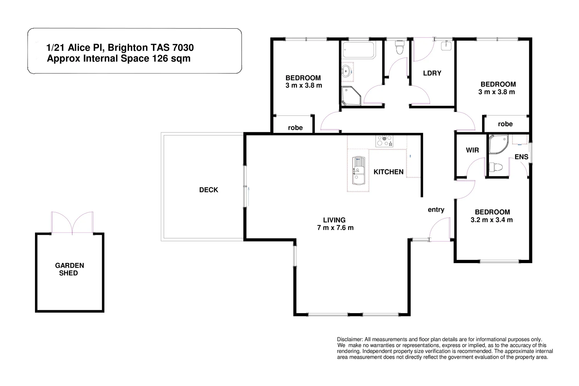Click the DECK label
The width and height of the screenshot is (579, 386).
208,190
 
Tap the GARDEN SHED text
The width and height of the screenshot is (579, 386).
69,269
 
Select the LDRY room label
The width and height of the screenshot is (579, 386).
432,73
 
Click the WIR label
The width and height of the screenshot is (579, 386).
472,150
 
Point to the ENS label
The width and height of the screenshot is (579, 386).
521,157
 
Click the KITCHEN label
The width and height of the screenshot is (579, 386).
388,172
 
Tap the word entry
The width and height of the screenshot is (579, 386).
436,210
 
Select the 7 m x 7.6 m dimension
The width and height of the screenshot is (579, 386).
335,228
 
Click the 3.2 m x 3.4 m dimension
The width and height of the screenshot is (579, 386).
491,220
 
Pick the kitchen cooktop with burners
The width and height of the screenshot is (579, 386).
384,141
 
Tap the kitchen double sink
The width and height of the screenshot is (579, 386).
358,171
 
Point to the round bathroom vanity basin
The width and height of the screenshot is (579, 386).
346,71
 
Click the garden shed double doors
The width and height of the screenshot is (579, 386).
73,222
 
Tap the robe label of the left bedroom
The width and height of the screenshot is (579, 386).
295,128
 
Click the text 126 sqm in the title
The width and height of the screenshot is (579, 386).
172,58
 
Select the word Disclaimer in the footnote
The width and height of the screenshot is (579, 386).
350,339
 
